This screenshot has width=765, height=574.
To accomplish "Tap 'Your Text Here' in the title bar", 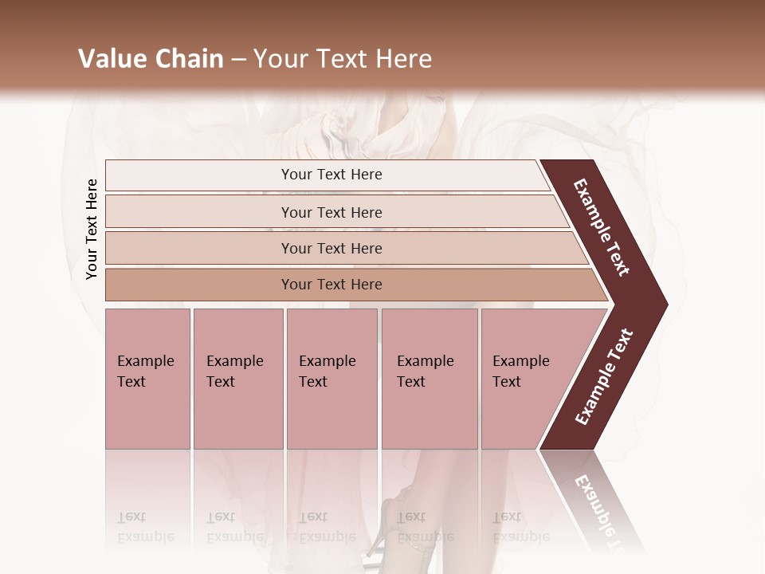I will tap(343, 59).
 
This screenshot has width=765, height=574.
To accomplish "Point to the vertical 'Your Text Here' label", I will tap(92, 229).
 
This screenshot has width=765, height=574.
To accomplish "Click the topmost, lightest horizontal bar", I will tap(331, 175).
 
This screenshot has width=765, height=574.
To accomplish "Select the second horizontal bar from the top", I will tap(331, 212).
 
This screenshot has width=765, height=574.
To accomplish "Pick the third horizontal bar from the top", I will tap(331, 248).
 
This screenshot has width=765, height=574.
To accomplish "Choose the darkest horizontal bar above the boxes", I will tap(331, 285).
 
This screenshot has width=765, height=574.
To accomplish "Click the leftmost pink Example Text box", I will tap(147, 379).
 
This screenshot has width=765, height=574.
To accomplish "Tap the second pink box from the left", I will tap(237, 379).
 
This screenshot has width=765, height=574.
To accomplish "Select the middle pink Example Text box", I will tap(331, 379).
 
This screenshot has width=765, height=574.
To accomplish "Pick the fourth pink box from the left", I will tap(429, 379).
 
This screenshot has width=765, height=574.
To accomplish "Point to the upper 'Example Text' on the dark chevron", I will tap(602, 227).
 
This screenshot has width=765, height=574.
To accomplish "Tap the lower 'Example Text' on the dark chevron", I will tap(604, 377).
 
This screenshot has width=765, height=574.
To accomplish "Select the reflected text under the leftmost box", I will tap(145, 527).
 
